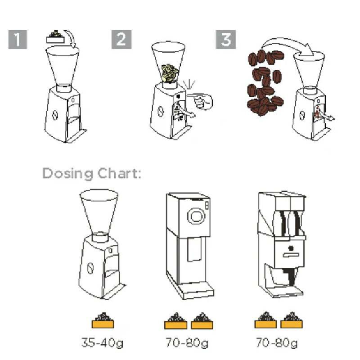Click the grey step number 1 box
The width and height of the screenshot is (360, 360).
point(18,40)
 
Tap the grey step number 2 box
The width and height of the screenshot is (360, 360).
point(121,40)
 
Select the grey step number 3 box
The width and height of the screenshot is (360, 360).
point(226,40)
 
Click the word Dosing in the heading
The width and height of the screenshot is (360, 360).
point(68,174)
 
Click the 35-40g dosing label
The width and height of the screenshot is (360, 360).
point(103,343)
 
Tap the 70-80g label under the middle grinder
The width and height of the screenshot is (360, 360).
point(187,343)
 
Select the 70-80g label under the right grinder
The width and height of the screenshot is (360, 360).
point(277,343)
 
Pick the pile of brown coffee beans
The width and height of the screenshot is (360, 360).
point(265,83)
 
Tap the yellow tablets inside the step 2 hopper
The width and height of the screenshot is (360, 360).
point(169,73)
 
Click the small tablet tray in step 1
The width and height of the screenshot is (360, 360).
point(54,37)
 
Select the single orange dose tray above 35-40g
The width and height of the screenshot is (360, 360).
point(103,321)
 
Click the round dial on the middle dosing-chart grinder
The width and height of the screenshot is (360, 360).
point(196,216)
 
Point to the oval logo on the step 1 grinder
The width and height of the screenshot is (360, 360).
point(54,115)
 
